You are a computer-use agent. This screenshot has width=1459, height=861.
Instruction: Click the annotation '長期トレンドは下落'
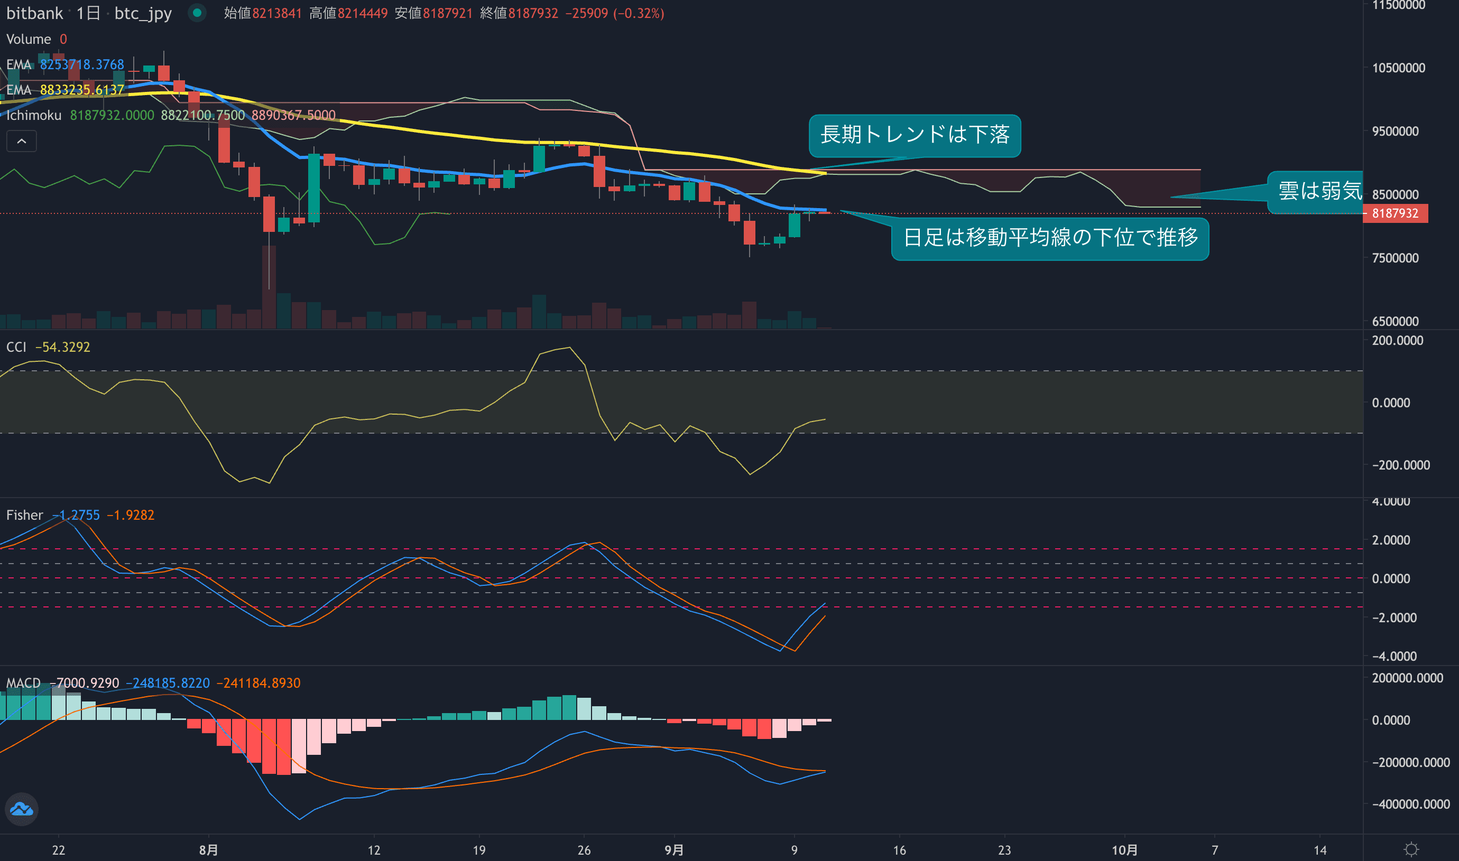point(915,135)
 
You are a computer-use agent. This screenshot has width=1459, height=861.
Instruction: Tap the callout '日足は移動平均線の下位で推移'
point(1050,238)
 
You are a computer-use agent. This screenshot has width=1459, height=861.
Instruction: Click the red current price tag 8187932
point(1395,213)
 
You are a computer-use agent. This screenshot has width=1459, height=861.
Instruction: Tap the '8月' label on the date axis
point(208,850)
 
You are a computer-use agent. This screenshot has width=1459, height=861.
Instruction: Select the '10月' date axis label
point(1124,850)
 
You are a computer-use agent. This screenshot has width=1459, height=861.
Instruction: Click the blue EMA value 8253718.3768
point(82,64)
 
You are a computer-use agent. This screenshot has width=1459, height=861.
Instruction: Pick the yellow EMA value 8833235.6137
point(82,90)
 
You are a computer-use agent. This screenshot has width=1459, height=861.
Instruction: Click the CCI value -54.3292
point(63,347)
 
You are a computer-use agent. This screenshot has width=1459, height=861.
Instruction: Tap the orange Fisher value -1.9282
point(131,515)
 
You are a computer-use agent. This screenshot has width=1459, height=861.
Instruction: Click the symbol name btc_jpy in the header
point(143,13)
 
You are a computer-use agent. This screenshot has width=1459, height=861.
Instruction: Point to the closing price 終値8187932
point(519,13)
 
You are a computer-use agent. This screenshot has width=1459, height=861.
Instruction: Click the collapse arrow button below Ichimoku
point(22,141)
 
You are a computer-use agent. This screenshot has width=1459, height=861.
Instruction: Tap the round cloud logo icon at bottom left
point(22,809)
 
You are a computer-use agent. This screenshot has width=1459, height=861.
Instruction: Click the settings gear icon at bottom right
point(1411,850)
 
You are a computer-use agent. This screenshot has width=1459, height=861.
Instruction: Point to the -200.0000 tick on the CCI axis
point(1400,465)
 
